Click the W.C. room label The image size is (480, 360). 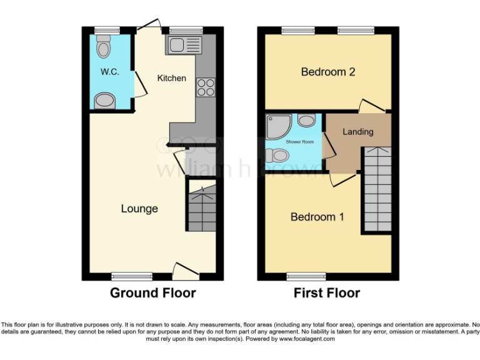click(110, 72)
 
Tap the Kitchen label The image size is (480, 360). click(171, 78)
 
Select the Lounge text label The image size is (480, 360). click(139, 209)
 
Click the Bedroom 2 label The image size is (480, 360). click(328, 72)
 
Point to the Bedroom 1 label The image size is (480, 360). click(317, 217)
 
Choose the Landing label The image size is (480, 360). click(358, 132)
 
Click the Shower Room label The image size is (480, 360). click(297, 142)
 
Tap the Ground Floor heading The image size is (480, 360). click(153, 293)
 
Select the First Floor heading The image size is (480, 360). click(327, 293)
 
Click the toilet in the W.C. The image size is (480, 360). click(103, 46)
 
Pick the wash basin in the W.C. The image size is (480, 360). click(104, 100)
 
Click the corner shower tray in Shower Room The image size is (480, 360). click(276, 126)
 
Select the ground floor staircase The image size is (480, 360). click(202, 206)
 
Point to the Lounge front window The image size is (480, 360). click(132, 276)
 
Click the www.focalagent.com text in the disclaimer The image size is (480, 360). click(306, 339)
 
